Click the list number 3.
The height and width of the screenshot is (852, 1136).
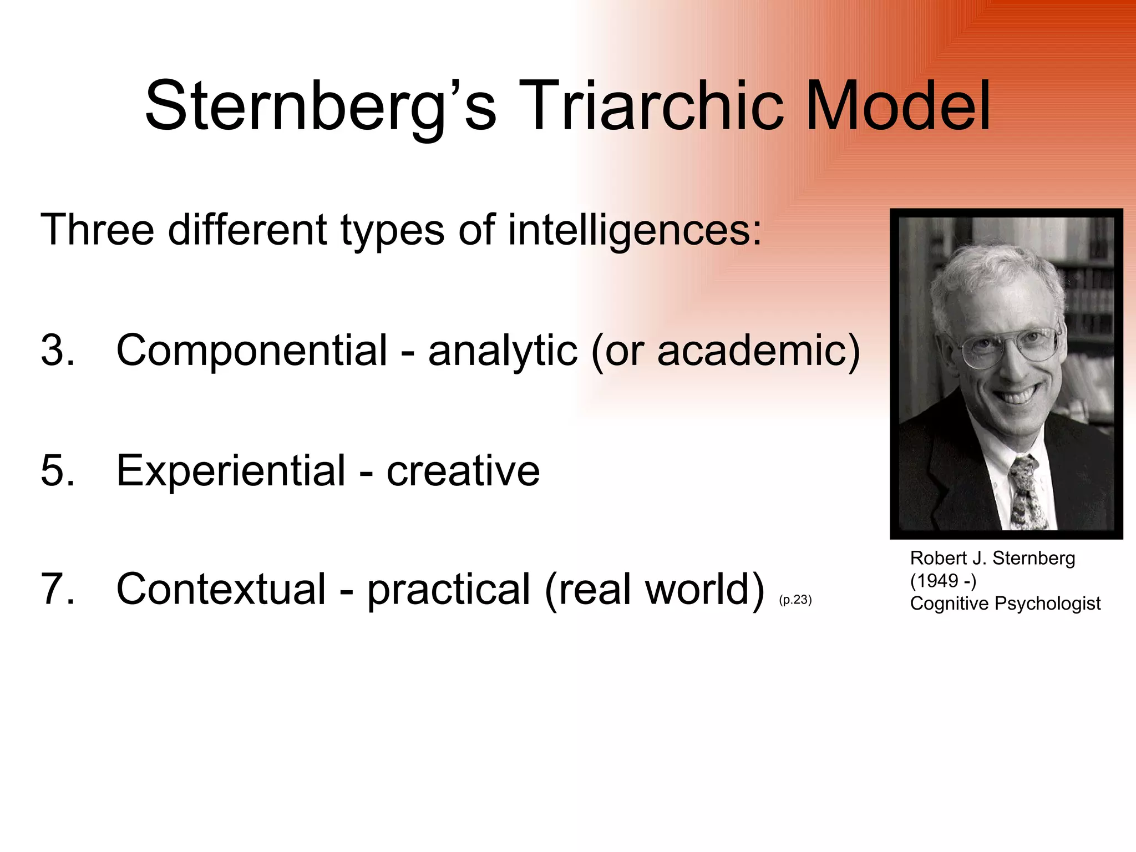pyautogui.click(x=57, y=351)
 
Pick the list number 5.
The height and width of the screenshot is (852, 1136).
pyautogui.click(x=57, y=470)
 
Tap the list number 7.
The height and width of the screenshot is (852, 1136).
pyautogui.click(x=57, y=589)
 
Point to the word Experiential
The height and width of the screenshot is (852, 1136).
pyautogui.click(x=231, y=470)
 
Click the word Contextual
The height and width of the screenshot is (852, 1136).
pyautogui.click(x=221, y=589)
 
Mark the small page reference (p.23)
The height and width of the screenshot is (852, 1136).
pyautogui.click(x=795, y=600)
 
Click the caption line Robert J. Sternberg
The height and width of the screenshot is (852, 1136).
pyautogui.click(x=992, y=558)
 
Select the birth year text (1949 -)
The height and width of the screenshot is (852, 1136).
pyautogui.click(x=943, y=581)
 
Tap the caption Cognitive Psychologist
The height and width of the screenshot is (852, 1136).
pyautogui.click(x=1005, y=603)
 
